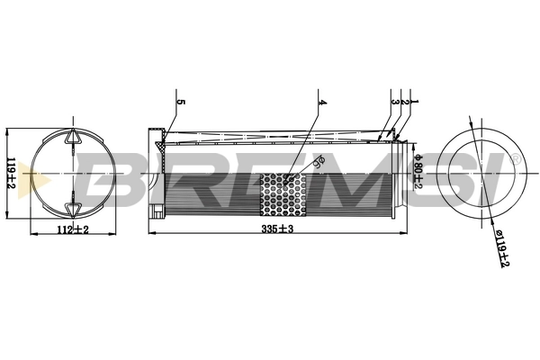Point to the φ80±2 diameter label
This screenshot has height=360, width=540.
(x=418, y=167)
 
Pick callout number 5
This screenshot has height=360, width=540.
(x=180, y=103)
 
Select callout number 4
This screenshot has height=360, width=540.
(x=321, y=103)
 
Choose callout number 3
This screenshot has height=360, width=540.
(x=395, y=103)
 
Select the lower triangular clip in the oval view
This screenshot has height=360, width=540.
(x=70, y=210)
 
